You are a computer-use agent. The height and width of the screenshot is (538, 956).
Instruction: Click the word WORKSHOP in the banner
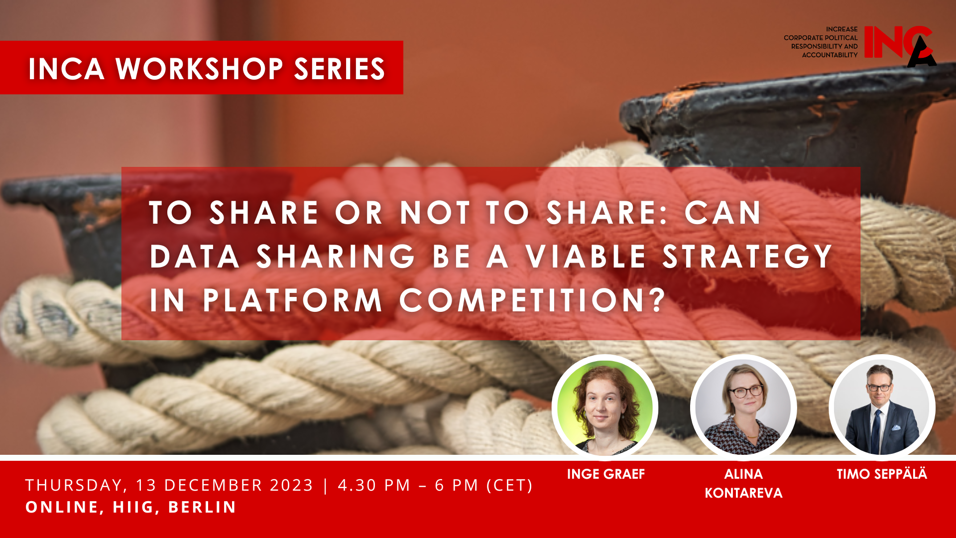(200, 68)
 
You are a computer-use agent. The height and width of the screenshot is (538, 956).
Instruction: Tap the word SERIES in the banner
(340, 68)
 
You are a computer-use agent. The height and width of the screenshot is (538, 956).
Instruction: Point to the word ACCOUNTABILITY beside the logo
(830, 55)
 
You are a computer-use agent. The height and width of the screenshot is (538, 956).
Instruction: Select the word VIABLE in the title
(586, 257)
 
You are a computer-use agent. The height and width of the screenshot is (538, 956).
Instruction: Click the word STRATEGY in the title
(747, 257)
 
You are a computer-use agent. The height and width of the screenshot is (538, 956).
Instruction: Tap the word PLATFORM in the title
(292, 300)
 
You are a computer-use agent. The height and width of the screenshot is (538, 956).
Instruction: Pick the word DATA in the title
(195, 257)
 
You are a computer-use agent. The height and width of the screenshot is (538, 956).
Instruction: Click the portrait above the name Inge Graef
(605, 408)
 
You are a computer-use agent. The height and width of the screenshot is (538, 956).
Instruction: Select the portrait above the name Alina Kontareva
(743, 408)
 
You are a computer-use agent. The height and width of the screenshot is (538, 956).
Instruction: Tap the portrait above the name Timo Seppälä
(882, 408)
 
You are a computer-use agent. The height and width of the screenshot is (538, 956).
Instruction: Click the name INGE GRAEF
(606, 474)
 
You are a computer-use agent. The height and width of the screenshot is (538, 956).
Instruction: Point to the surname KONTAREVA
(743, 493)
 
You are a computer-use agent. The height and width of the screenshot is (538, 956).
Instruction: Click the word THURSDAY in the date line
(74, 485)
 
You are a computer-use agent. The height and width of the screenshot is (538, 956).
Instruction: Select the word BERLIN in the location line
(202, 507)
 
